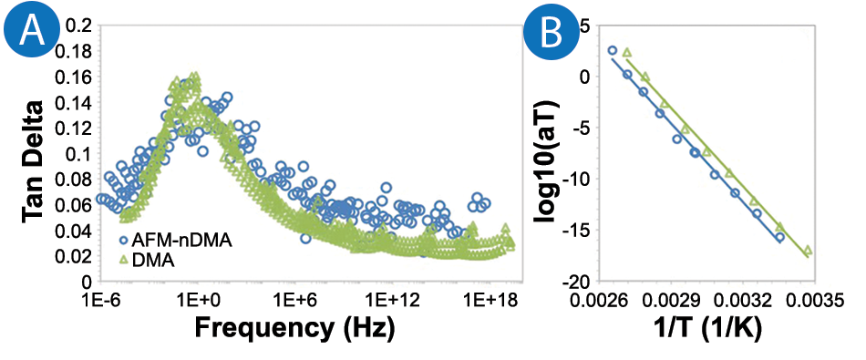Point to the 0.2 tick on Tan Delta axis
point(77,25)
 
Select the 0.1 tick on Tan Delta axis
point(77,153)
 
